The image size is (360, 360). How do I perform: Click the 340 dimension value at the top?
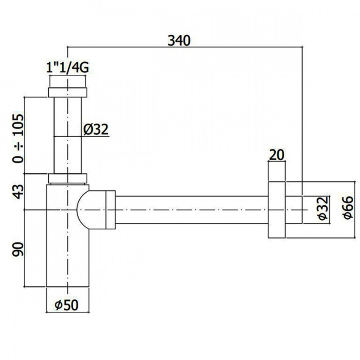pos(179,41)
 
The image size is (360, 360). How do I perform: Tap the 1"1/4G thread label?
pos(67,68)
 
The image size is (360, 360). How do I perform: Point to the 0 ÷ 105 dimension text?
pos(18,138)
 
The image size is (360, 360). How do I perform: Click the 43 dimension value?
pos(18,191)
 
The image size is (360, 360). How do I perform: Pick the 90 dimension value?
pos(18,249)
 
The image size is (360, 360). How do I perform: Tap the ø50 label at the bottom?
pos(66,305)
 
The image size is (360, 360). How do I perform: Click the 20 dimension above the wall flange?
pos(277,155)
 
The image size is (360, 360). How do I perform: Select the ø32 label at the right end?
pos(324,208)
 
